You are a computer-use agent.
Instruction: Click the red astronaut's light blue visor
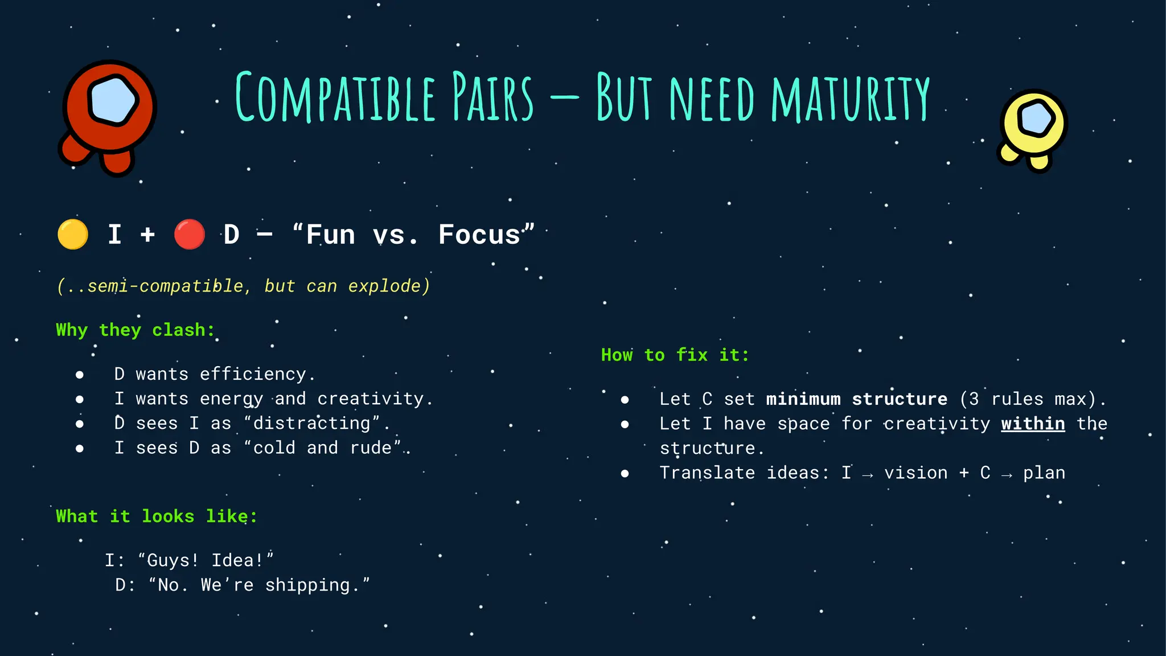pyautogui.click(x=113, y=100)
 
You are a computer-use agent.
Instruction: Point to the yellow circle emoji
pyautogui.click(x=73, y=234)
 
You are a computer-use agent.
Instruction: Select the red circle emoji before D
pyautogui.click(x=189, y=234)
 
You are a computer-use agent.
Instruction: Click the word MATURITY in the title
pyautogui.click(x=850, y=99)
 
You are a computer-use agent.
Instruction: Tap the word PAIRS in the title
pyautogui.click(x=493, y=99)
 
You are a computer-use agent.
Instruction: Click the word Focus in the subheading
pyautogui.click(x=479, y=235)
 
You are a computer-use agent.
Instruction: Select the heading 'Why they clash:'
pyautogui.click(x=136, y=330)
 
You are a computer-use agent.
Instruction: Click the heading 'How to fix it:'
pyautogui.click(x=675, y=355)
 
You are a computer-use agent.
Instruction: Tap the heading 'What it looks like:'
pyautogui.click(x=157, y=516)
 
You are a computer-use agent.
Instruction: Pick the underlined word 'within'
pyautogui.click(x=1033, y=424)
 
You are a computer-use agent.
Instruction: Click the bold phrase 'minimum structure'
pyautogui.click(x=857, y=399)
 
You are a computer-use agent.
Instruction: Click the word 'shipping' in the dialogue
pyautogui.click(x=307, y=585)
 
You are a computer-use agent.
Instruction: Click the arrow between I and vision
pyautogui.click(x=867, y=474)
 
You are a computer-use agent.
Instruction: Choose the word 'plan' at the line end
pyautogui.click(x=1044, y=473)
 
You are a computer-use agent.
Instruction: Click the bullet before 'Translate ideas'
pyautogui.click(x=625, y=473)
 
